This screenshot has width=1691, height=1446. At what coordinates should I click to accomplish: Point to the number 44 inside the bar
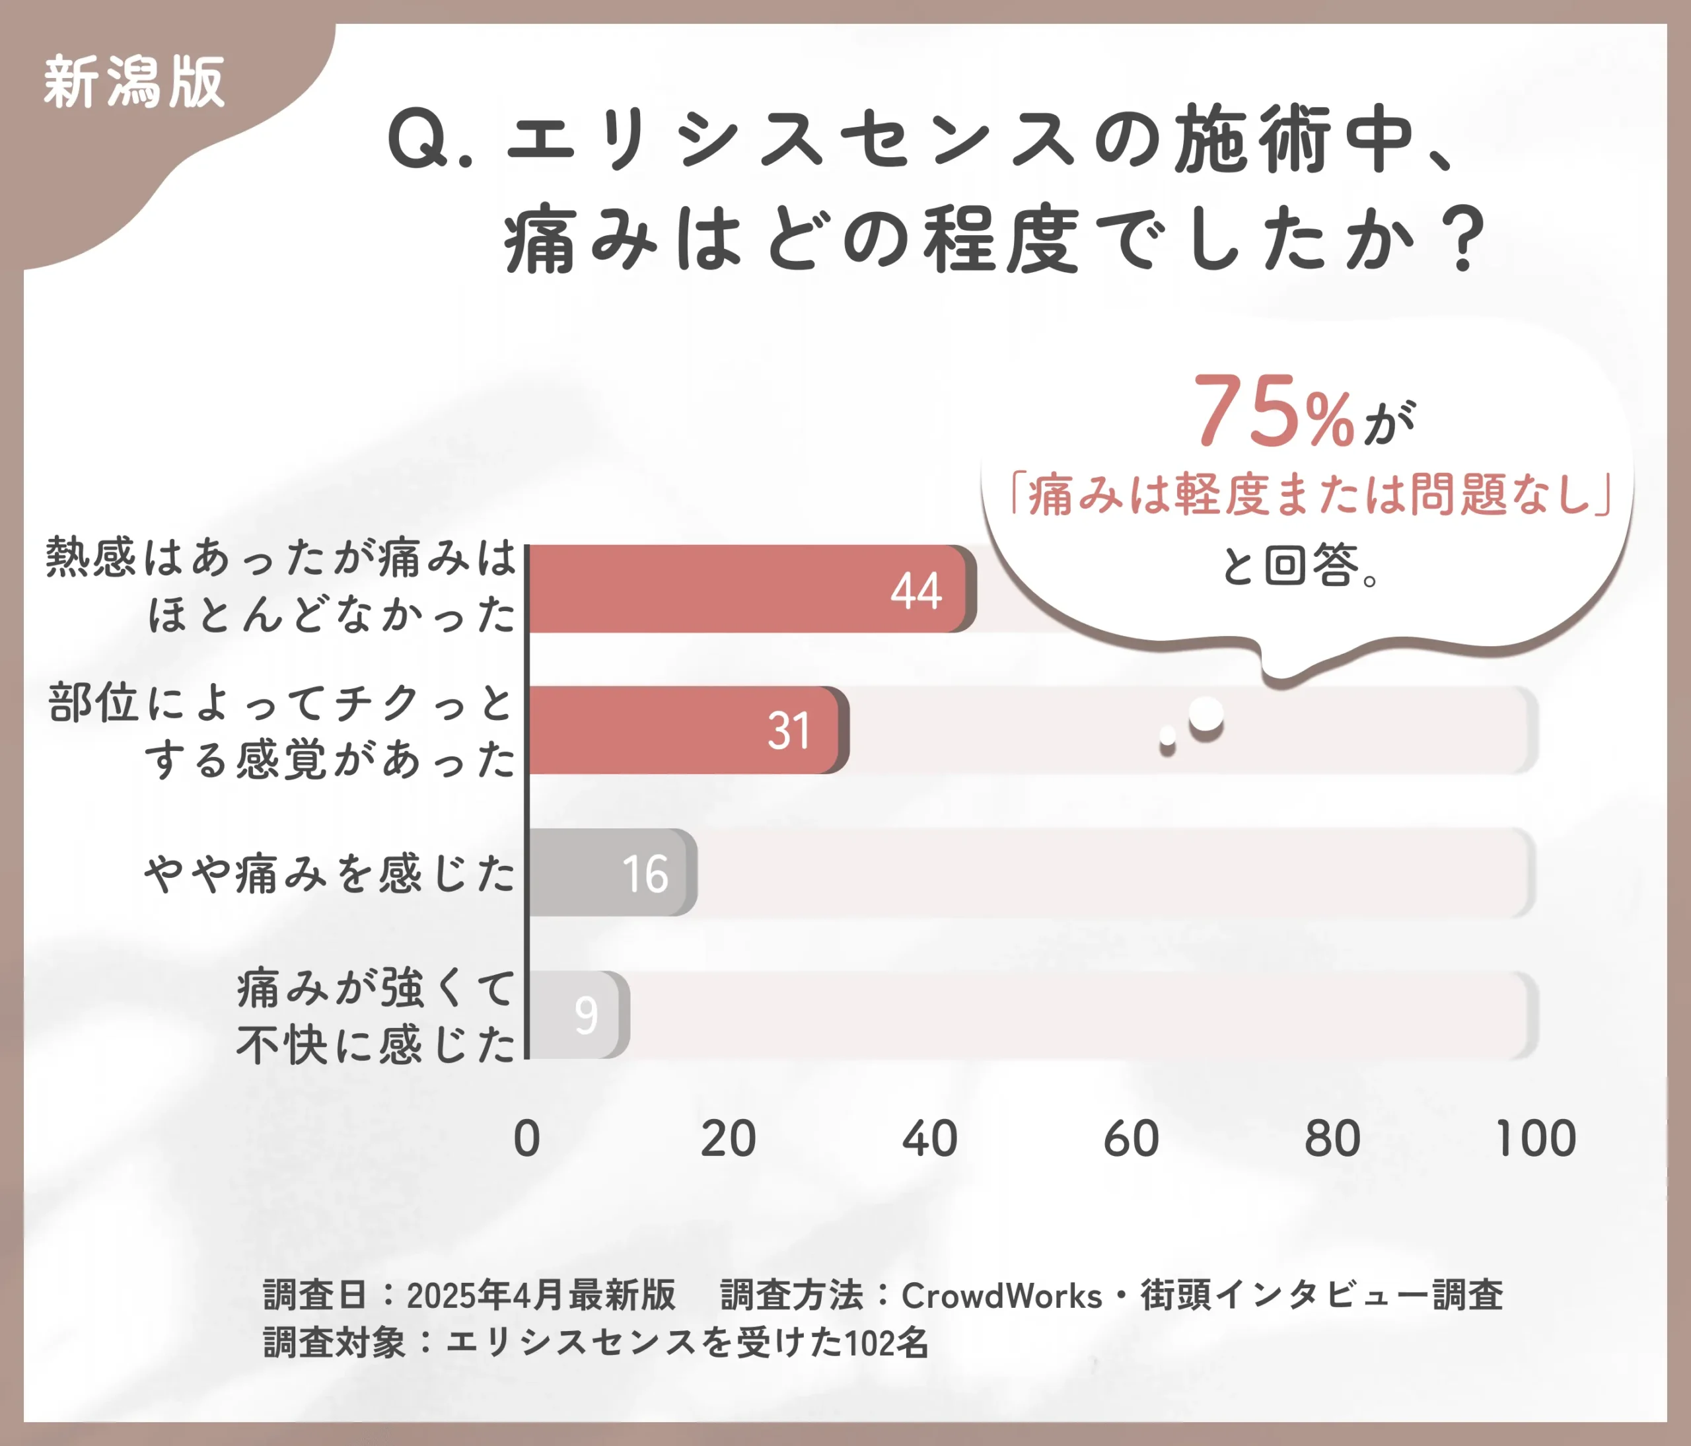[x=916, y=591]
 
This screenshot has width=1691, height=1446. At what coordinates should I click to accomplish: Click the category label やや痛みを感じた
[x=330, y=873]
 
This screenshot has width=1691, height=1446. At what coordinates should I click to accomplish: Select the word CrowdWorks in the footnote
[x=1001, y=1296]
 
